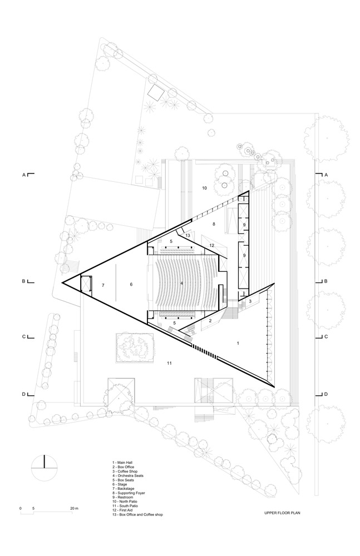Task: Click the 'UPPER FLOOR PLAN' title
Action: point(282,513)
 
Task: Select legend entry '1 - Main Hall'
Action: point(122,463)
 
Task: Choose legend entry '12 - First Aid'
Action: point(124,510)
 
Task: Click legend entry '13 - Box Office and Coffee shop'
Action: point(137,514)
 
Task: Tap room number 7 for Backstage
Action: point(103,285)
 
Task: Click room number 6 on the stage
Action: point(131,284)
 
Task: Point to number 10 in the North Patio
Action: point(205,188)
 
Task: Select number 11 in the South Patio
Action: point(169,363)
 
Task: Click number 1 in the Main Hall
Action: point(238,343)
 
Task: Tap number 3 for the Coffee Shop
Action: point(250,301)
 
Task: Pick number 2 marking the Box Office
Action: point(210,321)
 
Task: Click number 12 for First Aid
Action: point(211,245)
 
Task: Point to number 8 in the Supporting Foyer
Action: point(214,224)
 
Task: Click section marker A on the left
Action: point(24,175)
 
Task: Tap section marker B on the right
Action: point(326,281)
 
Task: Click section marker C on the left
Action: point(24,337)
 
